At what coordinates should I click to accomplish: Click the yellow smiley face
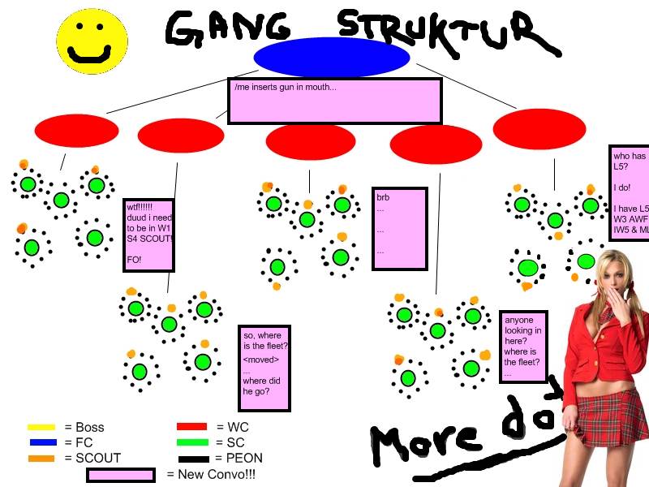click(x=92, y=41)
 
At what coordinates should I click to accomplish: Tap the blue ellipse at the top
click(x=331, y=58)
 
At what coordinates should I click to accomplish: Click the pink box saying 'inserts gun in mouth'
click(x=334, y=101)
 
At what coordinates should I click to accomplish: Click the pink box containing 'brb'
click(x=399, y=229)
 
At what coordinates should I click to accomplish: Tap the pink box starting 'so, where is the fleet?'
click(x=264, y=369)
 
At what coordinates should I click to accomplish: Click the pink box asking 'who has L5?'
click(x=630, y=193)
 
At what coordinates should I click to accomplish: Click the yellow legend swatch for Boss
click(x=41, y=427)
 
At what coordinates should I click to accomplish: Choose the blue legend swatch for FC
click(x=41, y=442)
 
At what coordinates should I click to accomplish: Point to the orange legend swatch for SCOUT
click(x=41, y=458)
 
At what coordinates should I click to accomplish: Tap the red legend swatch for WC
click(x=191, y=427)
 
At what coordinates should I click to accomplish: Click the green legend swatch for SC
click(x=191, y=442)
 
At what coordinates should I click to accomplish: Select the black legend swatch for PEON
click(x=191, y=458)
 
